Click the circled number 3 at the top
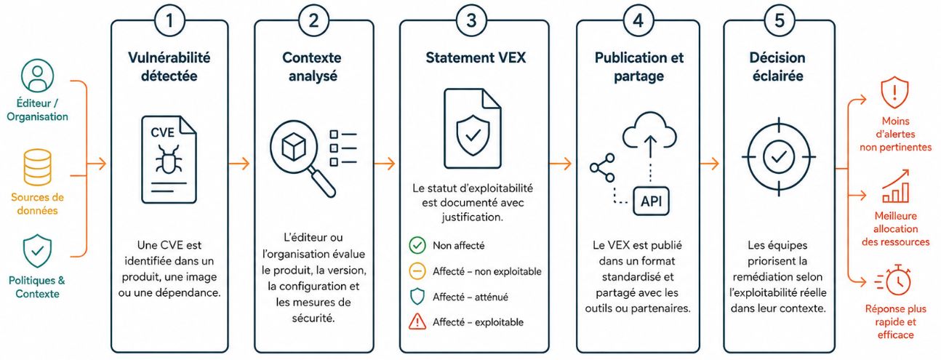click(x=471, y=20)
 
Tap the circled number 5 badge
click(x=780, y=20)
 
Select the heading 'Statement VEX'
click(x=476, y=57)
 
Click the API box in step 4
click(x=651, y=201)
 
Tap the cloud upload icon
click(x=650, y=135)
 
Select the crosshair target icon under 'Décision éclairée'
click(x=778, y=157)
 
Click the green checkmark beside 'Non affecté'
click(x=417, y=245)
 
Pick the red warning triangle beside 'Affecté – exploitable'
click(x=417, y=321)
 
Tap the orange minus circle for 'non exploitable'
click(x=417, y=271)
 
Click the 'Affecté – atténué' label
click(x=470, y=297)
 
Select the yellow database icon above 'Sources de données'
click(x=37, y=167)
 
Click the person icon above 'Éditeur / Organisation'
click(x=37, y=76)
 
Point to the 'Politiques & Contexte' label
click(x=37, y=287)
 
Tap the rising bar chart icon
click(x=896, y=186)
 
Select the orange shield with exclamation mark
click(x=894, y=92)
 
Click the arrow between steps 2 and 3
click(x=385, y=163)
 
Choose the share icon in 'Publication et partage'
click(x=603, y=167)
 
